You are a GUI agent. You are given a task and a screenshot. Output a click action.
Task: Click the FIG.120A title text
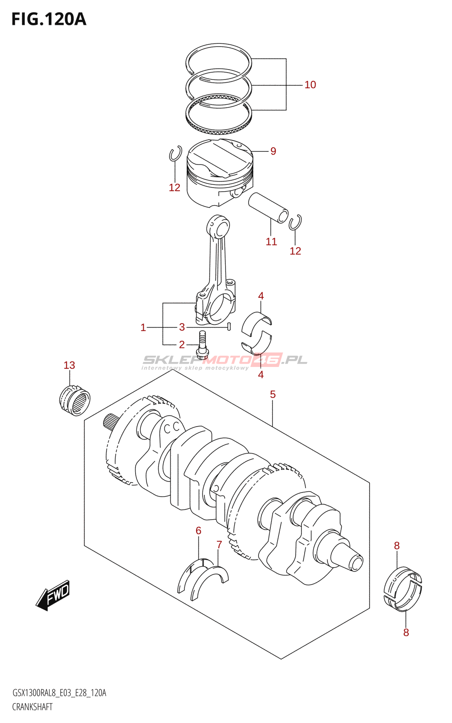pos(48,19)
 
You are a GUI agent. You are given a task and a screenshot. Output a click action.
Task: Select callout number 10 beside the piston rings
pos(310,85)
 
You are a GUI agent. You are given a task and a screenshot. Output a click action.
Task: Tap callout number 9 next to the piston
pos(273,151)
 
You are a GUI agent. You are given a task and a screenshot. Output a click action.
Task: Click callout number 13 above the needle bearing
pos(69,365)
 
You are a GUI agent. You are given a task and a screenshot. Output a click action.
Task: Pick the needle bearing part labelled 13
pos(75,399)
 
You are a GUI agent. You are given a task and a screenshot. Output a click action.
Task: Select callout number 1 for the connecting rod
pos(143,328)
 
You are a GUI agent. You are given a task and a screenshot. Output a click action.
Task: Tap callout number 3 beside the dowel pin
pos(182,327)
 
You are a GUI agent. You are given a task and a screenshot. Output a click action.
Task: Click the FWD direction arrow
pos(53,596)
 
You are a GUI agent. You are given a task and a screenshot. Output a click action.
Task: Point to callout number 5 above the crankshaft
pos(273,394)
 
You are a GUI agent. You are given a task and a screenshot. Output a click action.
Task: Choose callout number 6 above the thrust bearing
pos(198,531)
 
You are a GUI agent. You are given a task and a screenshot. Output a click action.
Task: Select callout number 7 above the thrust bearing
pos(219,545)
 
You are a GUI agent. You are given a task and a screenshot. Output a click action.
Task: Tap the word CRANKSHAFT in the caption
pos(33,707)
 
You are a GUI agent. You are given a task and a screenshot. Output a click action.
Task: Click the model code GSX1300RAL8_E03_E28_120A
pos(59,693)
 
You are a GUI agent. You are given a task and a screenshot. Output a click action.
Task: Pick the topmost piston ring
pos(218,60)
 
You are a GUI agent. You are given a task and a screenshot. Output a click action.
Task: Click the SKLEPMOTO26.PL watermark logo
pos(225,361)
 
